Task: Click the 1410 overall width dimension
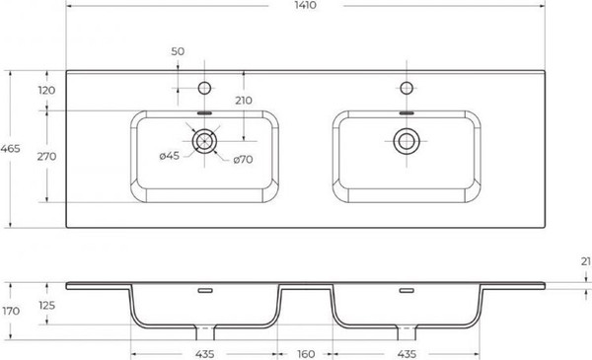click(305, 5)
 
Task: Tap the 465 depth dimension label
click(10, 149)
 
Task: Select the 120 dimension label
click(46, 90)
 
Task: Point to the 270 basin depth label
click(46, 156)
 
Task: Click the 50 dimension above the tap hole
click(178, 51)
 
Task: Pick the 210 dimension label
click(244, 101)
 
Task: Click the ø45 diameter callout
click(170, 156)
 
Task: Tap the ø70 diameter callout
click(243, 160)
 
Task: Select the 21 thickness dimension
click(586, 261)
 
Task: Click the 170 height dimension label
click(11, 312)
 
